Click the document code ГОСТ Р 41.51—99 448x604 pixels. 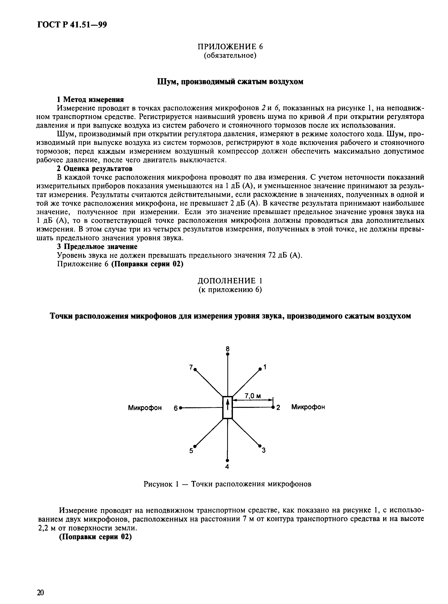[72, 25]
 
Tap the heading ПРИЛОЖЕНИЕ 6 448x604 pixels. [230, 47]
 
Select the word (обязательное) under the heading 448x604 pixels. [230, 56]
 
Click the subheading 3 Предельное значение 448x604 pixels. [97, 247]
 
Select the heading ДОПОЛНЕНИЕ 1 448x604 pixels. [230, 281]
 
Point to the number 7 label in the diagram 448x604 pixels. [191, 367]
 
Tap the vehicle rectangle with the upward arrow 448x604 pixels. [228, 408]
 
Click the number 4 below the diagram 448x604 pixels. [227, 467]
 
